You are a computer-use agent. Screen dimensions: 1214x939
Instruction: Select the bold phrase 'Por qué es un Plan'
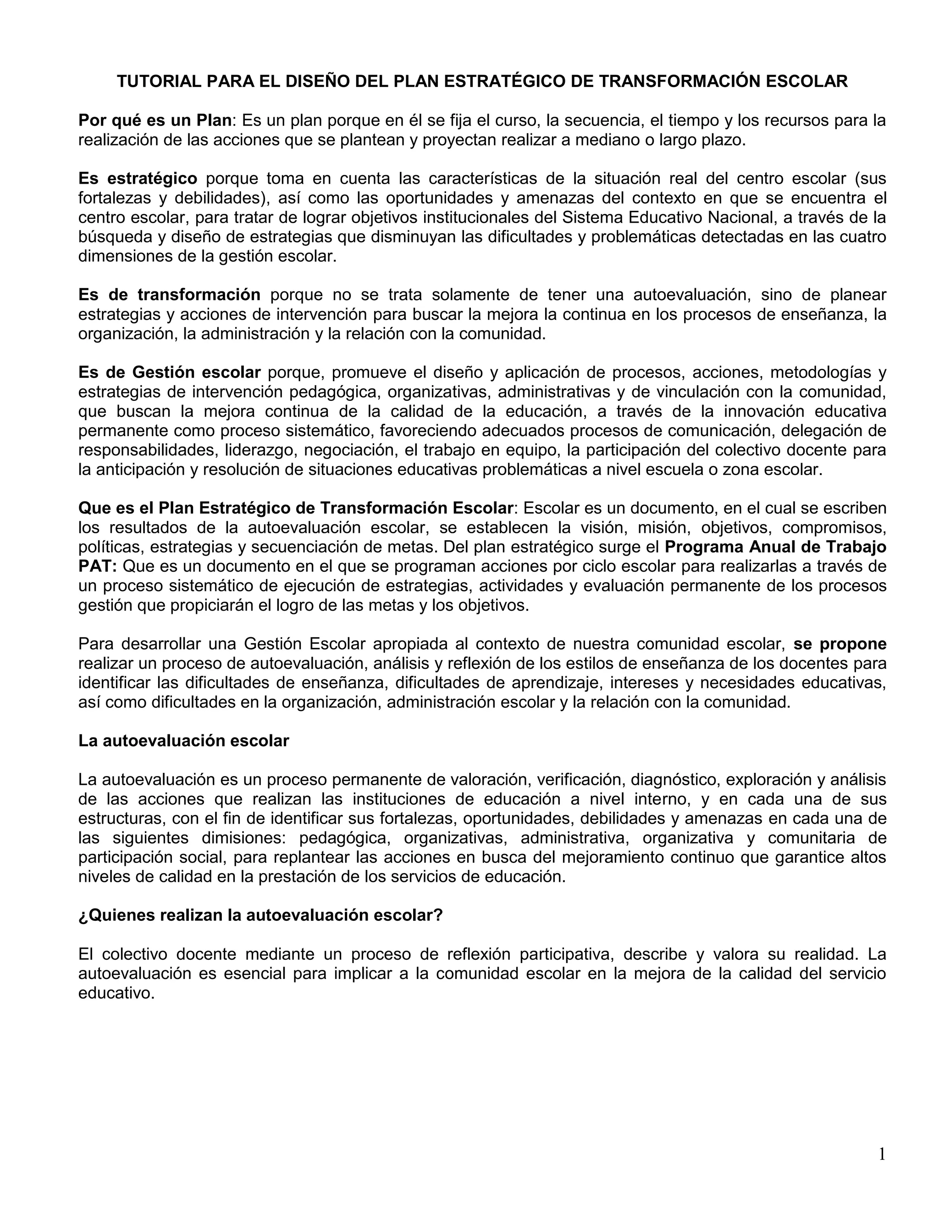(x=155, y=120)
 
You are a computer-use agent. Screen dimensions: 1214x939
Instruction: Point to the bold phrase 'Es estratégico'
(x=138, y=178)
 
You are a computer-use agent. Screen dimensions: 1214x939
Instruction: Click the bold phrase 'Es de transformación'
(x=169, y=294)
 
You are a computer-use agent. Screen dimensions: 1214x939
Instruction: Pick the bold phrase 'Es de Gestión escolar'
(x=169, y=372)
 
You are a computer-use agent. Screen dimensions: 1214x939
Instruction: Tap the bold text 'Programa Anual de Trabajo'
(x=775, y=547)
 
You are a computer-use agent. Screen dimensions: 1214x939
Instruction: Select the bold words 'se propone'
(x=840, y=644)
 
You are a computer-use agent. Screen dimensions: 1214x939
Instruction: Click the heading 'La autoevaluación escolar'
(x=183, y=741)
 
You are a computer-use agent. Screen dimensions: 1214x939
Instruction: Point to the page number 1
(x=882, y=1139)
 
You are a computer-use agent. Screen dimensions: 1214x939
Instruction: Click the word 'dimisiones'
(x=243, y=838)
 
